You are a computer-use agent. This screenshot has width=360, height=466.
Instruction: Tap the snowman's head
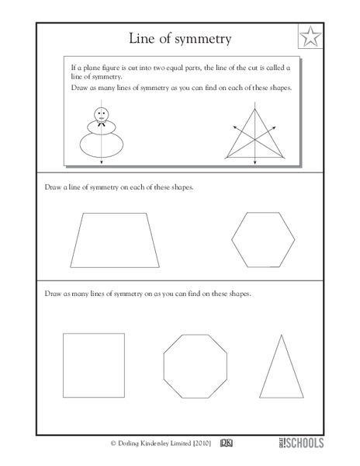(x=102, y=114)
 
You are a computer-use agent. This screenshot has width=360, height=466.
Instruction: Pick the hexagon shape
(x=265, y=239)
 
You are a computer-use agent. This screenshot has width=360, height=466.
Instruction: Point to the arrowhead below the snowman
(x=102, y=162)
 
